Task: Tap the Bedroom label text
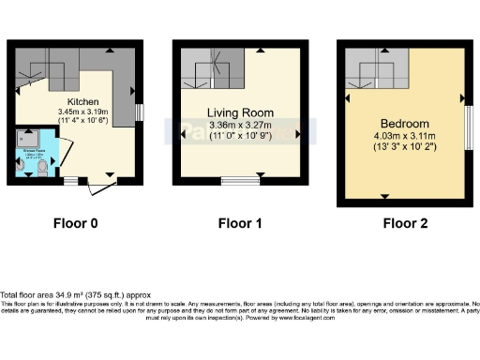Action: pos(404,124)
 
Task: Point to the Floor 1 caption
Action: pos(239,223)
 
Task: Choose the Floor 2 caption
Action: pos(404,223)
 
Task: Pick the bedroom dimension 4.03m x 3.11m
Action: pos(404,138)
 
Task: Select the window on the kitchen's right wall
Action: pos(138,112)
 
